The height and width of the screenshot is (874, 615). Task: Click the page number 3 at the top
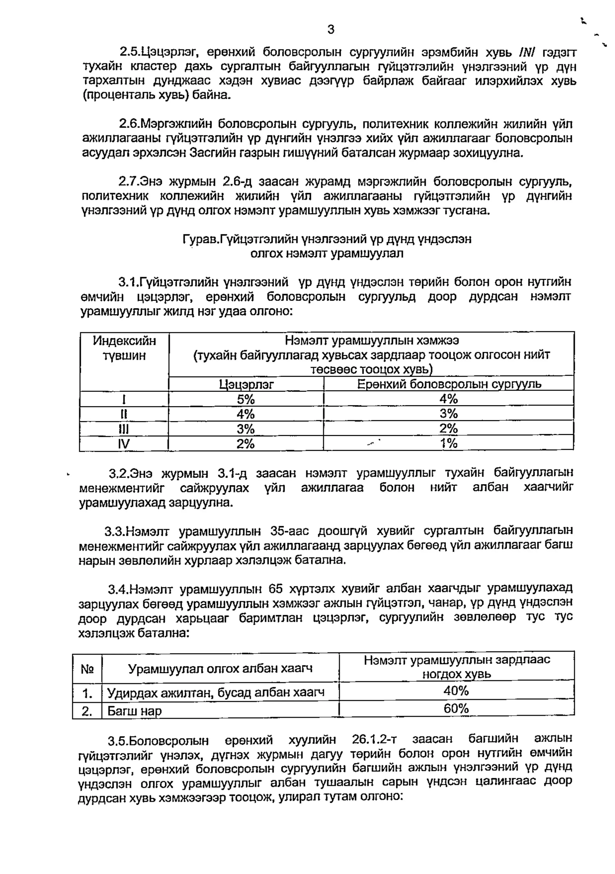[331, 29]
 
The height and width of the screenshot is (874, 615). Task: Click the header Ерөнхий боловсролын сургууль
[449, 384]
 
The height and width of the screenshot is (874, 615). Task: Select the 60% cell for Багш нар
[456, 709]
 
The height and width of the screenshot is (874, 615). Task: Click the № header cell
[87, 669]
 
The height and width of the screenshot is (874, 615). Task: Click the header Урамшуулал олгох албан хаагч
[220, 668]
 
